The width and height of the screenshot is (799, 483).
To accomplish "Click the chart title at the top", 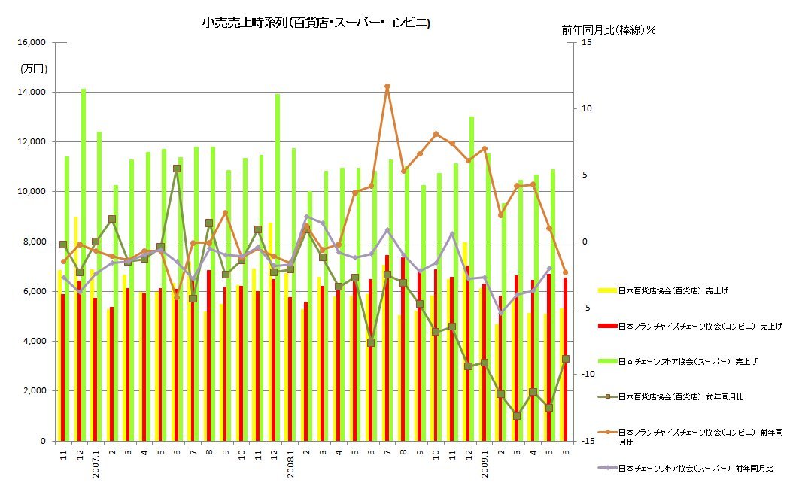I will (316, 23).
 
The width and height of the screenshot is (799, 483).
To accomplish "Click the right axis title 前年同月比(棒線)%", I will (609, 30).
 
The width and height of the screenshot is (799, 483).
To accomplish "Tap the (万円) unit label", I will (34, 68).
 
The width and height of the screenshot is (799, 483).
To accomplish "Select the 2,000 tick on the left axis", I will (32, 391).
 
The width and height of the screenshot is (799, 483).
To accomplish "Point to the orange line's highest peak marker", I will (387, 87).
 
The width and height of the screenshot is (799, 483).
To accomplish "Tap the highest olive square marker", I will (177, 169).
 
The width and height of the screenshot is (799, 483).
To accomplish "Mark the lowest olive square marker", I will (517, 415).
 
